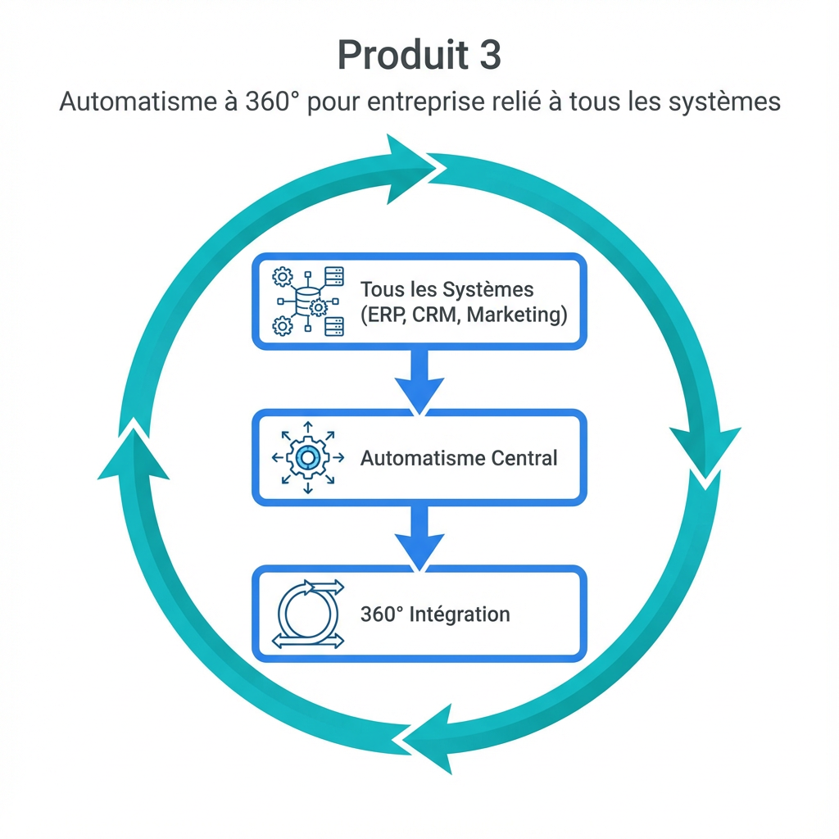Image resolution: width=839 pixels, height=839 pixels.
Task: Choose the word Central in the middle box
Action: pyautogui.click(x=524, y=457)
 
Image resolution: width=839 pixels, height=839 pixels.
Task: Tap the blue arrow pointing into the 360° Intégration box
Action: pyautogui.click(x=419, y=537)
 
